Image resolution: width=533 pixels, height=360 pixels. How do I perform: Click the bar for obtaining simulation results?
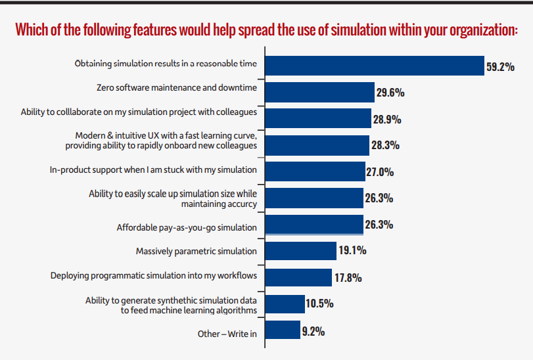click(x=374, y=65)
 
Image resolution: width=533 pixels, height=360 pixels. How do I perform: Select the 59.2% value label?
click(x=499, y=66)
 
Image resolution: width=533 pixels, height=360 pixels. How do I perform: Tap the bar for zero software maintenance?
click(x=319, y=91)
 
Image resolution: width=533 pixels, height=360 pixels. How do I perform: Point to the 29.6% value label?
click(x=390, y=93)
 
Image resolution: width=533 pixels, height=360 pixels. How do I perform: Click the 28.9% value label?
click(x=387, y=120)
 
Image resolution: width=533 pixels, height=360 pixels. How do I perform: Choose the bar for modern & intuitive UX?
click(x=317, y=145)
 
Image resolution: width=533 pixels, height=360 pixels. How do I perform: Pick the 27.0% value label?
click(x=380, y=172)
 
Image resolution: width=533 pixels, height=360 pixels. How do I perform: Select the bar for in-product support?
click(x=315, y=171)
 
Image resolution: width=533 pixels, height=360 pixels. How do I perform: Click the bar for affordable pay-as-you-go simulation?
click(x=313, y=224)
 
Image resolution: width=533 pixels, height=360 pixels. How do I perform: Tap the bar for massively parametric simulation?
click(x=300, y=251)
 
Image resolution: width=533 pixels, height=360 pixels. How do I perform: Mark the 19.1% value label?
click(x=352, y=250)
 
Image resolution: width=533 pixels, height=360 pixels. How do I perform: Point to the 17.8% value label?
click(x=348, y=277)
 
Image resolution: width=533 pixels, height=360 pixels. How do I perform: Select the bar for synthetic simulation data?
click(x=285, y=304)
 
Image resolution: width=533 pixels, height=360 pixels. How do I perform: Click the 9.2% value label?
click(x=313, y=331)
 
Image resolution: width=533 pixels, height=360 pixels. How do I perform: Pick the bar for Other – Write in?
click(x=283, y=330)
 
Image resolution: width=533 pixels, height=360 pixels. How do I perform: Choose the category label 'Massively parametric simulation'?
click(x=197, y=252)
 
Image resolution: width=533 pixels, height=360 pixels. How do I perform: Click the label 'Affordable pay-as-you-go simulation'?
click(x=187, y=227)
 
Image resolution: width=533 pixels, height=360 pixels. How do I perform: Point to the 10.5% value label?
click(x=319, y=304)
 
